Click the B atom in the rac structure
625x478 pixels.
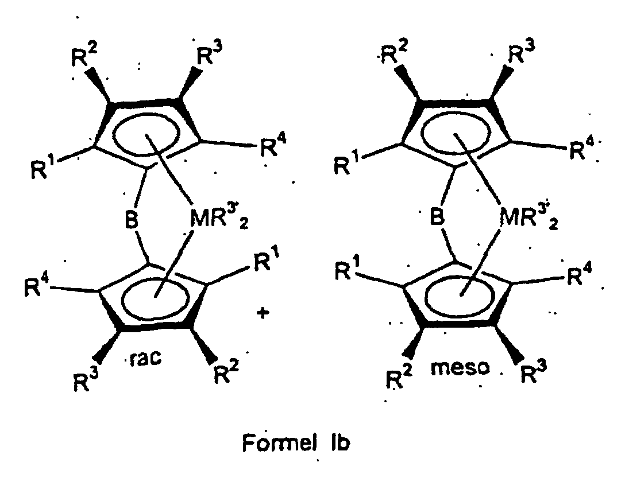[133, 220]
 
